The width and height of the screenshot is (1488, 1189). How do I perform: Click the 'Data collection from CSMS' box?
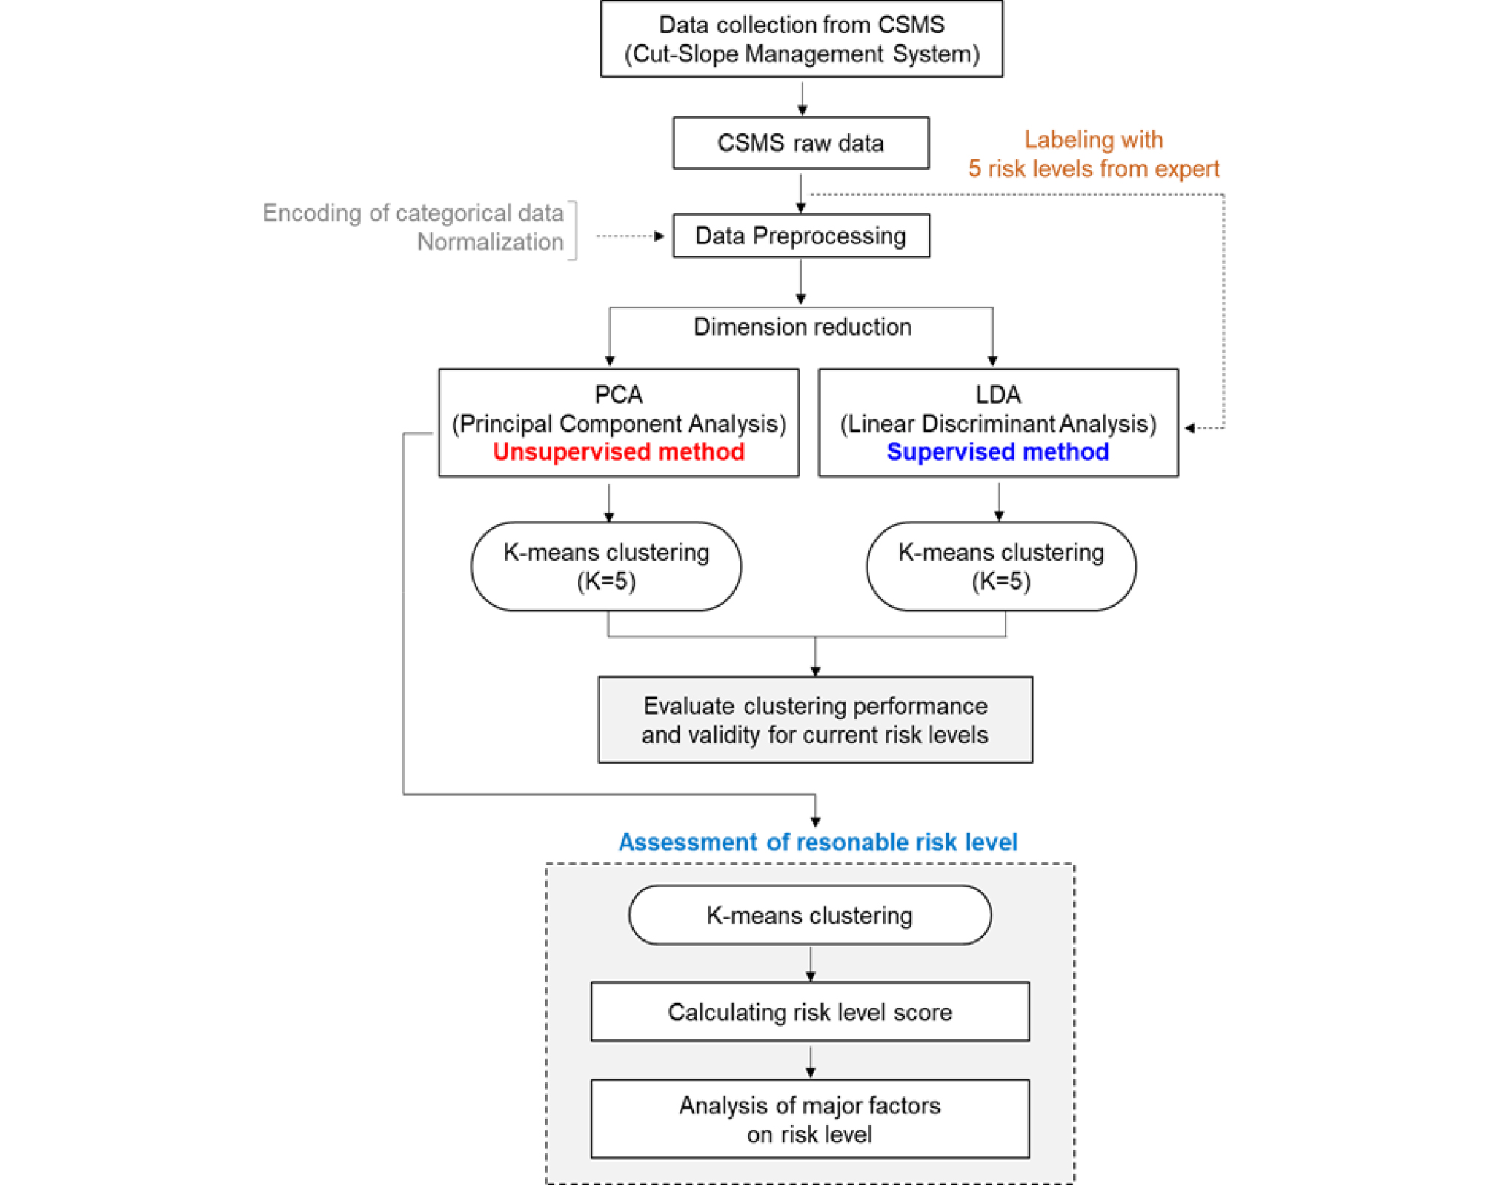pyautogui.click(x=801, y=39)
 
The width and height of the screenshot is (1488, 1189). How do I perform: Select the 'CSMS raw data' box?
pyautogui.click(x=800, y=143)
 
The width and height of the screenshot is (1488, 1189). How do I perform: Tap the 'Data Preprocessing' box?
pyautogui.click(x=801, y=236)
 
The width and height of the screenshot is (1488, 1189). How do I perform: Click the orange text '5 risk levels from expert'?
pyautogui.click(x=1094, y=169)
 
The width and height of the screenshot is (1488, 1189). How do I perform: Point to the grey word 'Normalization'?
pyautogui.click(x=490, y=242)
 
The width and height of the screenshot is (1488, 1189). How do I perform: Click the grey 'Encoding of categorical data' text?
pyautogui.click(x=413, y=213)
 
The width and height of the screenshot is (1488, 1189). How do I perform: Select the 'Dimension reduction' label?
pyautogui.click(x=803, y=327)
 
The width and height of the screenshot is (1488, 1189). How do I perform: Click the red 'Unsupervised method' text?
pyautogui.click(x=619, y=451)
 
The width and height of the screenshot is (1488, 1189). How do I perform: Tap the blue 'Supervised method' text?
pyautogui.click(x=997, y=451)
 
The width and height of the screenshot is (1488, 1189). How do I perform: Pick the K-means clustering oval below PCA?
pyautogui.click(x=606, y=567)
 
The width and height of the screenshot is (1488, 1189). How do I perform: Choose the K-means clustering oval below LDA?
pyautogui.click(x=1001, y=567)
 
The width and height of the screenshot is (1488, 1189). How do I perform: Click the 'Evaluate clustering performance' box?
pyautogui.click(x=815, y=719)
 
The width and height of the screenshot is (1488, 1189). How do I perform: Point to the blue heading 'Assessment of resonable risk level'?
pyautogui.click(x=818, y=842)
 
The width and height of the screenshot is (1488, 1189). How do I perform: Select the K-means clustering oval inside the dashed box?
pyautogui.click(x=810, y=915)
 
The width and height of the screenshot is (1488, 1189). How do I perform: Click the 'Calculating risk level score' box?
pyautogui.click(x=810, y=1012)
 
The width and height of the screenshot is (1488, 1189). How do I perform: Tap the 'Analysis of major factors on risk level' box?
pyautogui.click(x=810, y=1119)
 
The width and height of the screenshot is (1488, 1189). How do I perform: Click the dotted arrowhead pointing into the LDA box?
pyautogui.click(x=1189, y=428)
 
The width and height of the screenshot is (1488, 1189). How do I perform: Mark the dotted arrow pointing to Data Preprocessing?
pyautogui.click(x=631, y=236)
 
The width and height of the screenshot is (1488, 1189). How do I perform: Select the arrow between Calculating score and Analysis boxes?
pyautogui.click(x=810, y=1061)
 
